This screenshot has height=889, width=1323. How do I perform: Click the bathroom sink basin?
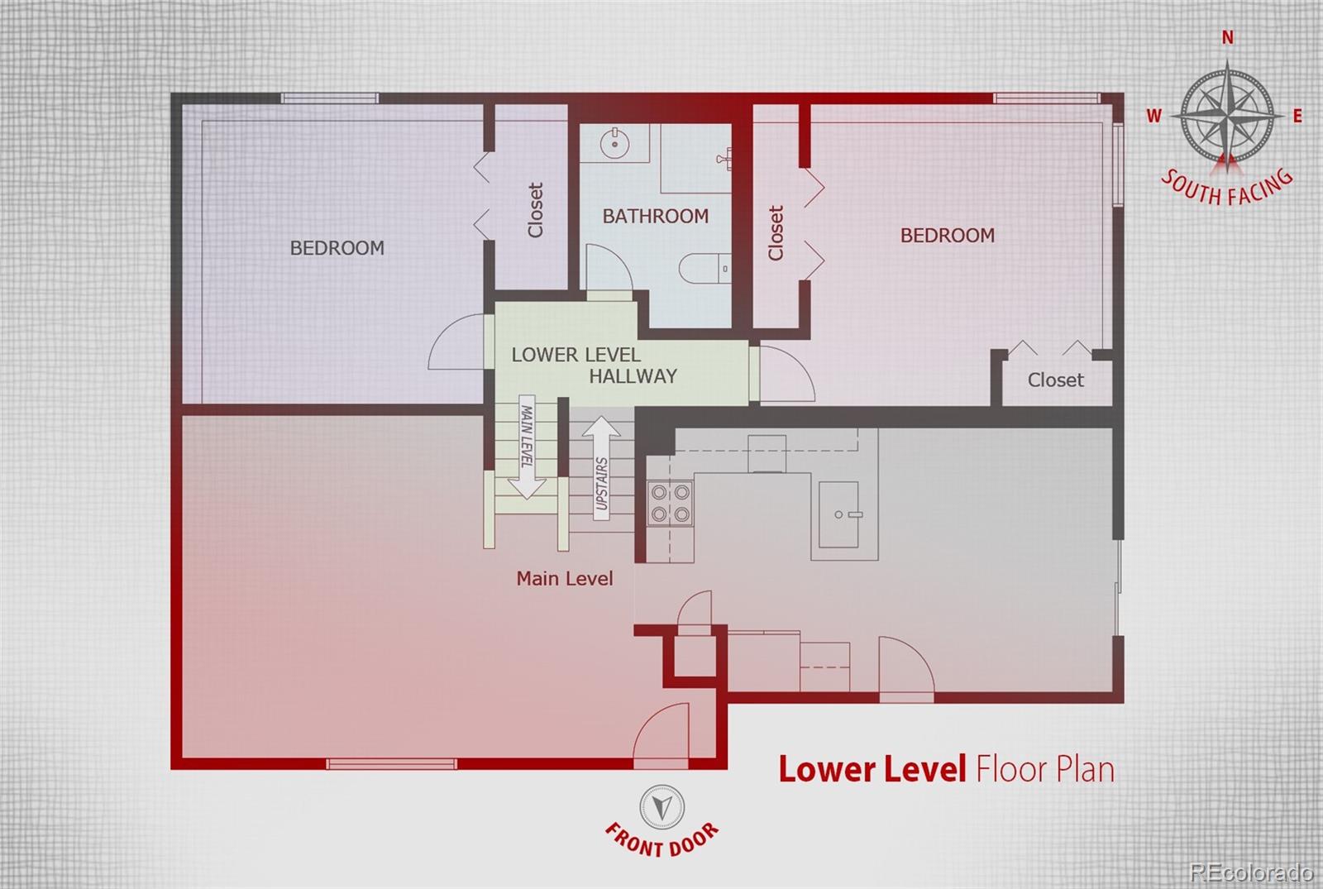(614, 144)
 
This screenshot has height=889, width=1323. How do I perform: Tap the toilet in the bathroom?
(704, 269)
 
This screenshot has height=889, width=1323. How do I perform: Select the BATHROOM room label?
(656, 216)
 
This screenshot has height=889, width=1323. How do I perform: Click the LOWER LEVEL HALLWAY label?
(595, 365)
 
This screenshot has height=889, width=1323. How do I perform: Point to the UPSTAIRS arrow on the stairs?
(601, 468)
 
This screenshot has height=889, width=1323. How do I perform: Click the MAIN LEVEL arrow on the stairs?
(527, 447)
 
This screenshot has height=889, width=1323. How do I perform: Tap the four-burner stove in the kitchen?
(671, 504)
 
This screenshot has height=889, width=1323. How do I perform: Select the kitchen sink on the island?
(838, 514)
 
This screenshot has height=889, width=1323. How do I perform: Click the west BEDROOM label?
(337, 247)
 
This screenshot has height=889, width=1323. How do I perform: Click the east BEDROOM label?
(948, 236)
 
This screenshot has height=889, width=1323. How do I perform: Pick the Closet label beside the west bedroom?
(535, 210)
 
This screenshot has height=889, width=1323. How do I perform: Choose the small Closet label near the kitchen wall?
(1055, 380)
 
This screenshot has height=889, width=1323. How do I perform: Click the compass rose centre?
(1227, 117)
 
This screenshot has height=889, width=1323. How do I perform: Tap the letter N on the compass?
(1227, 38)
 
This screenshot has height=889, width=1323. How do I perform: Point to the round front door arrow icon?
(662, 807)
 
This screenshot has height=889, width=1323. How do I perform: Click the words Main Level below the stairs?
(565, 578)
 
